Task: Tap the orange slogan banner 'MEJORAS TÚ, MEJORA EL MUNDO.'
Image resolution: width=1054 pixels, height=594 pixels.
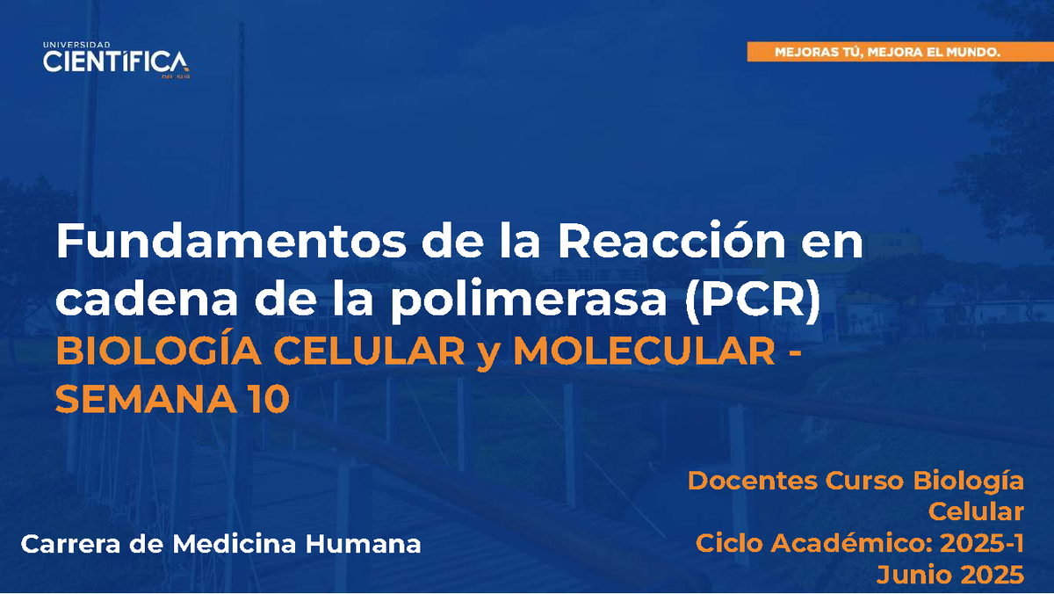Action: click(887, 53)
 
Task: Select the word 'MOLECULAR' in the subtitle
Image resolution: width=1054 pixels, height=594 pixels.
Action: click(639, 353)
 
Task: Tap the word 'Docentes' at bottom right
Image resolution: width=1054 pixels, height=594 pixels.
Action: click(752, 482)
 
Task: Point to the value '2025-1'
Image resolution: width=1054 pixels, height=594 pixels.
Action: click(982, 543)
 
